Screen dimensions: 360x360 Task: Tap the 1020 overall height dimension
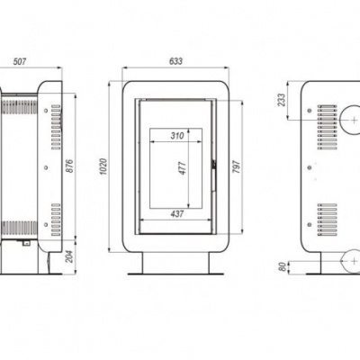pyautogui.click(x=104, y=166)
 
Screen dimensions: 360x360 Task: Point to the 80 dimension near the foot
pyautogui.click(x=283, y=265)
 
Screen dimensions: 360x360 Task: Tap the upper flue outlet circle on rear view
pyautogui.click(x=346, y=119)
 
